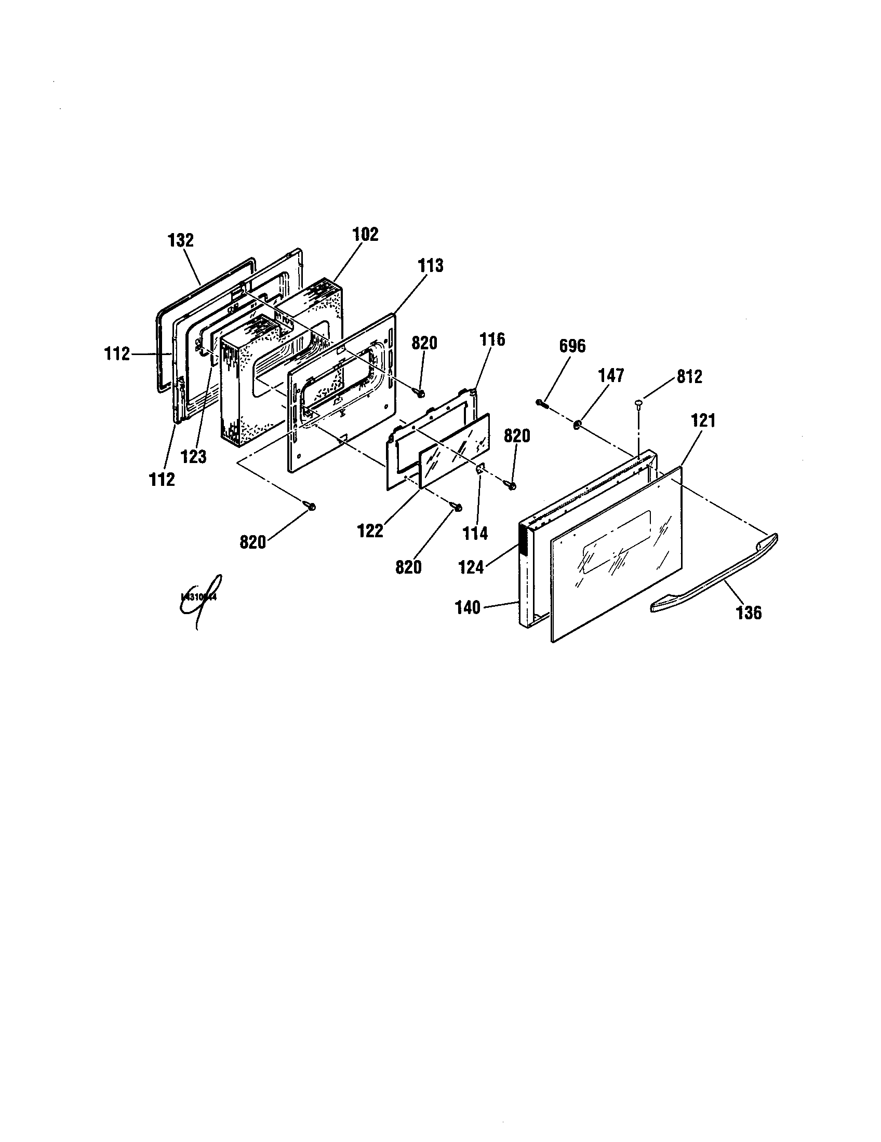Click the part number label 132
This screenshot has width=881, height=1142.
tap(180, 240)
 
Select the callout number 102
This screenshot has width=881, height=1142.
tap(365, 235)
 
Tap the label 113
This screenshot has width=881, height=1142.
tap(430, 266)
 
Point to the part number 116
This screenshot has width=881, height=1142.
tap(493, 340)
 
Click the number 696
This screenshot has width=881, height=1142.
tap(572, 346)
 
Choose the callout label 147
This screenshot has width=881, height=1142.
tap(611, 375)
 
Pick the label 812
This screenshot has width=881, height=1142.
tap(689, 377)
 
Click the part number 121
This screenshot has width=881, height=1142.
tap(703, 420)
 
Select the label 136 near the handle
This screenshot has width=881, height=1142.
tap(749, 613)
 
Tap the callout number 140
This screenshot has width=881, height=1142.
tap(467, 608)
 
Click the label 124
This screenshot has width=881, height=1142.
tap(471, 567)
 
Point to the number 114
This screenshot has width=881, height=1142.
tap(475, 533)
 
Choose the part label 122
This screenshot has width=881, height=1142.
tap(370, 531)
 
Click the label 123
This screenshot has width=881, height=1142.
tap(194, 457)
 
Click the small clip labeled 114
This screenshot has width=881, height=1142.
tap(479, 470)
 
